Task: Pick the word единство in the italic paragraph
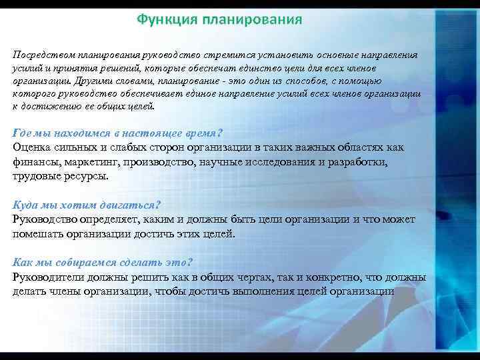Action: pos(289,69)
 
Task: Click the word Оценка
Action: pos(34,147)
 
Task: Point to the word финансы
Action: pos(37,162)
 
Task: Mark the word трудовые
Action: pos(37,177)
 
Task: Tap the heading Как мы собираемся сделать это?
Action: pos(102,262)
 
